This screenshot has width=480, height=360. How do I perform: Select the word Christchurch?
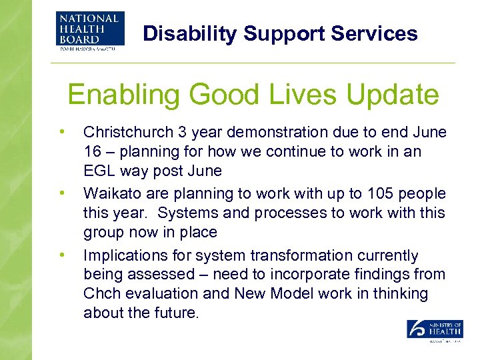pos(127,133)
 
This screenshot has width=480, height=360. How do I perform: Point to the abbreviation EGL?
pos(99,171)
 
